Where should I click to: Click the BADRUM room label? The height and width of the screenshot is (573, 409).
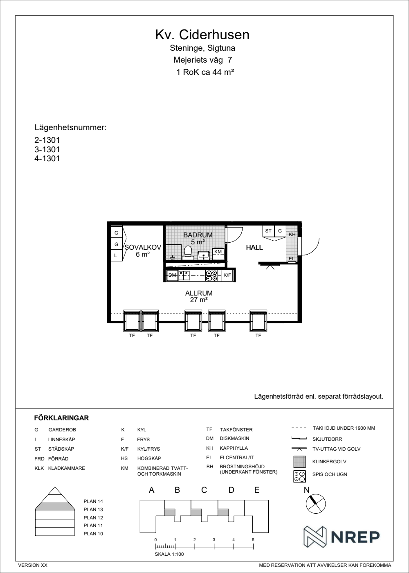click(198, 235)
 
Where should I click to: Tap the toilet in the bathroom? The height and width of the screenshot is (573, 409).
click(188, 251)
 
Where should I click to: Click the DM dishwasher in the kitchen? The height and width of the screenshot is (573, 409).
click(172, 275)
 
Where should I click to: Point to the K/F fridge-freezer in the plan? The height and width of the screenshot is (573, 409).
click(227, 275)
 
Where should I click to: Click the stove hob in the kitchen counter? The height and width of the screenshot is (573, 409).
click(211, 275)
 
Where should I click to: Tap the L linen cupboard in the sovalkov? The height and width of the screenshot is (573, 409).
click(116, 255)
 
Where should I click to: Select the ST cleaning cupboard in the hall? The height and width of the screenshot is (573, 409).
click(268, 231)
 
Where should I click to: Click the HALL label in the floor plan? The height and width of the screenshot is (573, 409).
click(254, 247)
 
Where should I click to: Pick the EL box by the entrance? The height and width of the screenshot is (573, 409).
click(292, 259)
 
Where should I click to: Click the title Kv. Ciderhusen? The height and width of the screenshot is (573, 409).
click(202, 35)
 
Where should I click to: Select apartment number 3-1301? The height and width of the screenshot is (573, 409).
click(47, 149)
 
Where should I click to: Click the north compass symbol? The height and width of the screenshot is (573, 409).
click(316, 504)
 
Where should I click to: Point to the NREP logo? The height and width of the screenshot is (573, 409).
click(342, 537)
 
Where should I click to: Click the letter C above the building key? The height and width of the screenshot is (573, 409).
click(204, 490)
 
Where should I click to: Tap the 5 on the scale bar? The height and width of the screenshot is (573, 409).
click(253, 540)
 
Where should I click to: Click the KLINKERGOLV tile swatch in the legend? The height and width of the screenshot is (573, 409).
click(299, 462)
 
